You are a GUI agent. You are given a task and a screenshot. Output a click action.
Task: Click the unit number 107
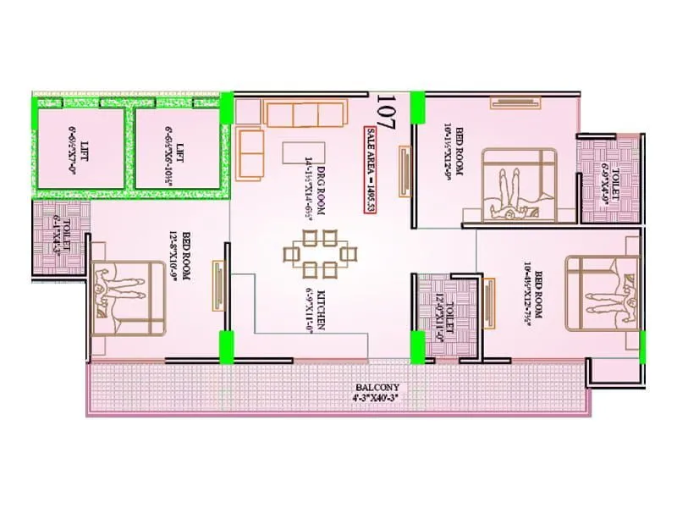tap(384, 111)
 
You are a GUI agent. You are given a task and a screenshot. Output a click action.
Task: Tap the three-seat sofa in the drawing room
tap(303, 114)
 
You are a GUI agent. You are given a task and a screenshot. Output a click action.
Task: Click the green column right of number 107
tap(417, 108)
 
